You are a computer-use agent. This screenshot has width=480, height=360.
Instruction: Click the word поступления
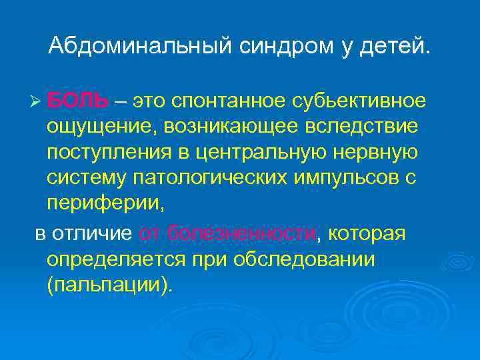tap(106, 151)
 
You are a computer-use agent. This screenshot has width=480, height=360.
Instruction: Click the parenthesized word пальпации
tap(109, 285)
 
